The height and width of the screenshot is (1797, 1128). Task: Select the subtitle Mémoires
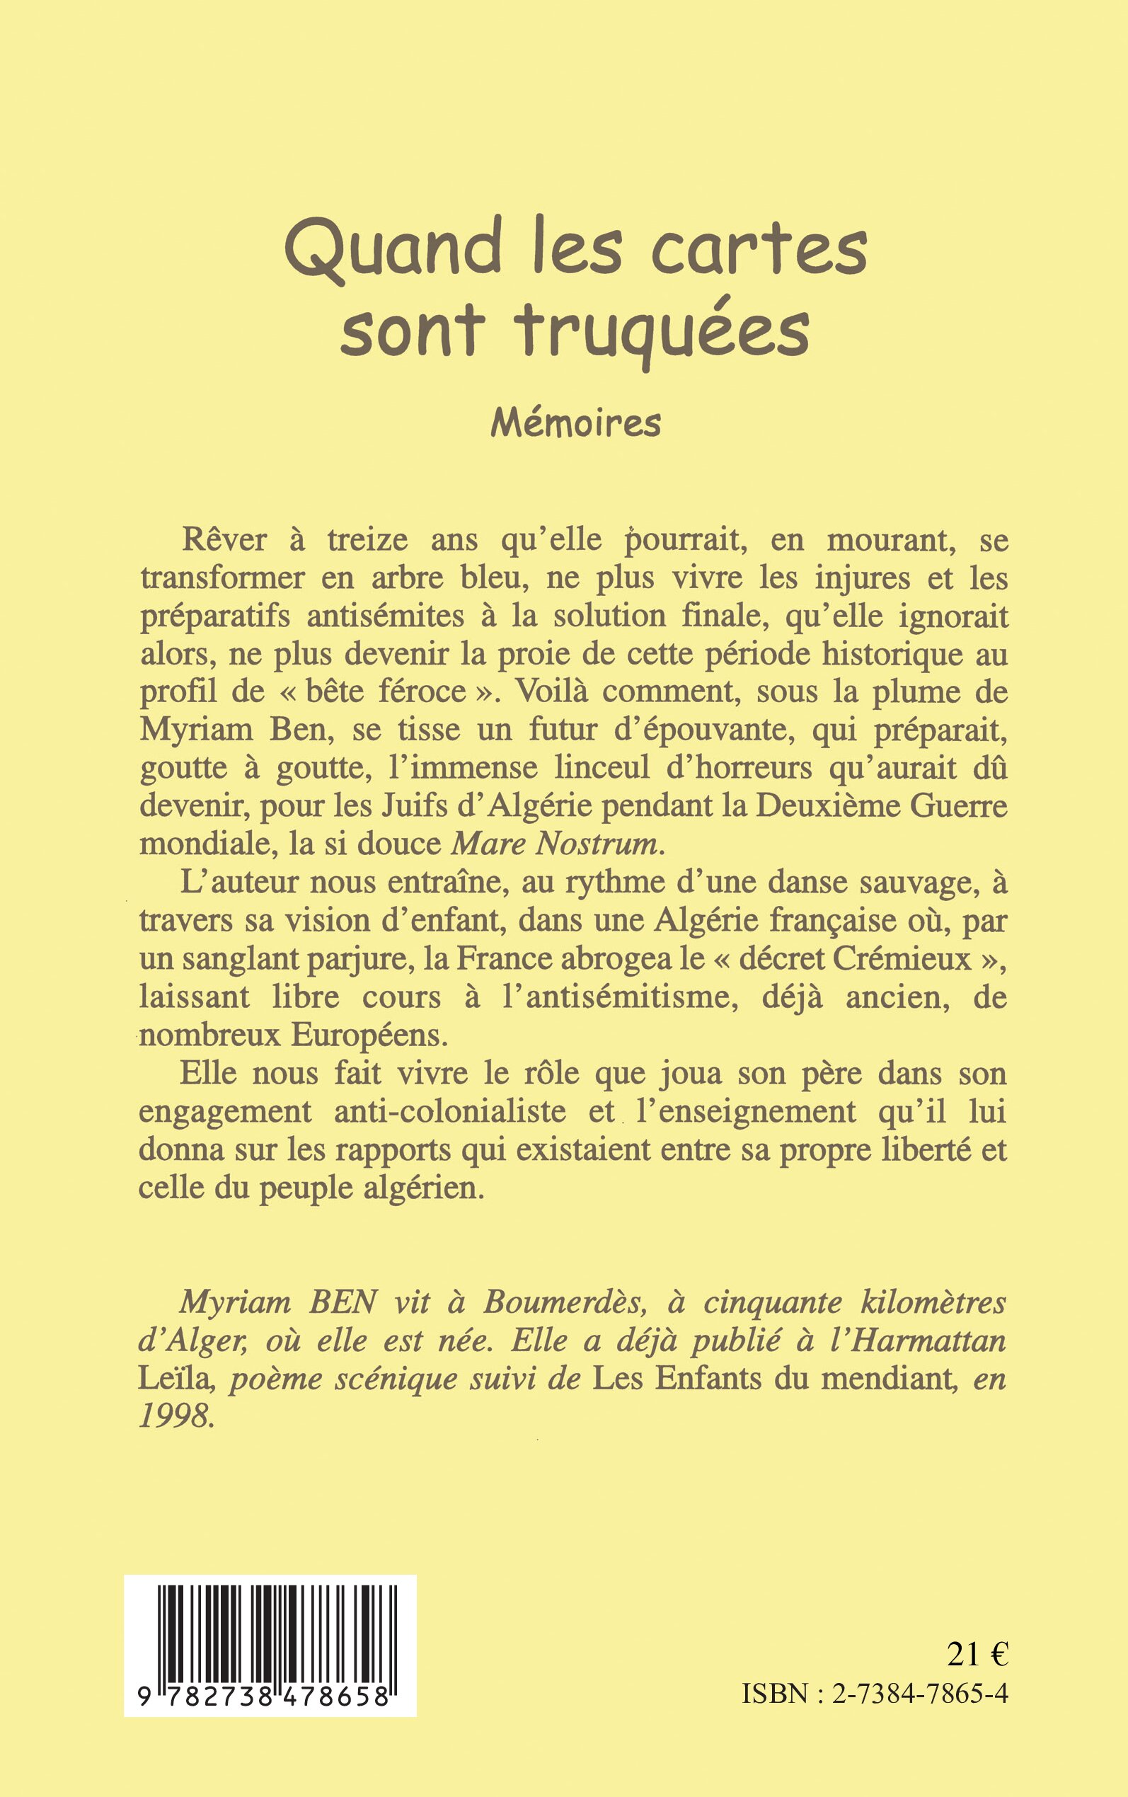(575, 424)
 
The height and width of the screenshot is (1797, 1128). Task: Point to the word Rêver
(224, 539)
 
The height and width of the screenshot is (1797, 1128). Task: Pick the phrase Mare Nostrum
(556, 843)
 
